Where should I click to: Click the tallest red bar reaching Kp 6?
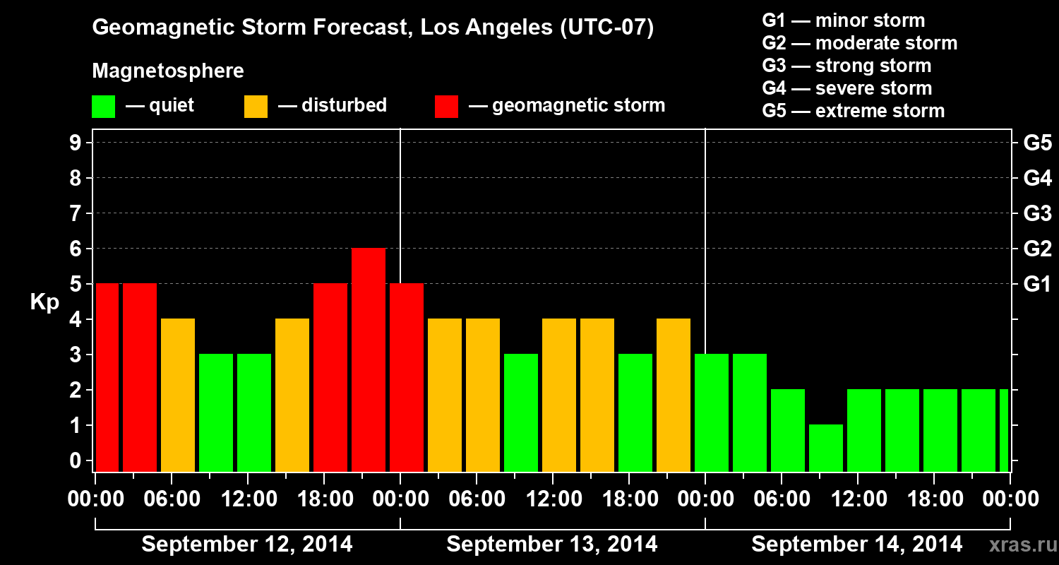369,359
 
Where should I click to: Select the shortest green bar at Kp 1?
826,447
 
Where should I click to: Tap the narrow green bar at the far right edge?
1004,429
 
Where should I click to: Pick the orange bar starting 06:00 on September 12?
178,394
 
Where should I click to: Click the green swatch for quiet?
103,107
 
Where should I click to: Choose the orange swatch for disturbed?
256,107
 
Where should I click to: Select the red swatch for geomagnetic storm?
446,107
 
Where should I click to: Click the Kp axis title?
44,302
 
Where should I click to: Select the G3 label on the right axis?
1037,214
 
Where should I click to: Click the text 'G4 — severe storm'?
847,88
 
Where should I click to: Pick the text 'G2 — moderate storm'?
860,43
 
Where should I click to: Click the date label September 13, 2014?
552,545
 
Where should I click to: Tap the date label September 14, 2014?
856,545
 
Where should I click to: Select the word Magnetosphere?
168,71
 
